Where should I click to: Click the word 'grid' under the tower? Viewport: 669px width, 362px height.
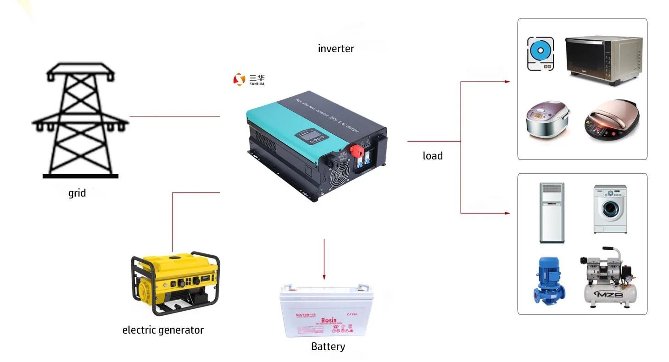[x=77, y=193]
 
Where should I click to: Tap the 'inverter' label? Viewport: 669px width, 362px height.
[x=336, y=48]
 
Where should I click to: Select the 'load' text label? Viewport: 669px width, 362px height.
[x=433, y=156]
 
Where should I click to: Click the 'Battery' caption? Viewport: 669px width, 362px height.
[x=328, y=346]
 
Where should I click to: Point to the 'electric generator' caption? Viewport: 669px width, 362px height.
[x=163, y=330]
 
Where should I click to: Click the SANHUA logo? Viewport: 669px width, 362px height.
[x=249, y=79]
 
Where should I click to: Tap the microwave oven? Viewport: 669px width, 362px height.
[x=602, y=60]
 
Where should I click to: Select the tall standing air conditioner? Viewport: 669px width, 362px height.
[x=552, y=213]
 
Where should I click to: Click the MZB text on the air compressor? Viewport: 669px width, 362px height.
[x=608, y=294]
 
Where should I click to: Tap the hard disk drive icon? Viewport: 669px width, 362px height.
[x=540, y=54]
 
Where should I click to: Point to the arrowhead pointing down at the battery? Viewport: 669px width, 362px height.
[x=324, y=277]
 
